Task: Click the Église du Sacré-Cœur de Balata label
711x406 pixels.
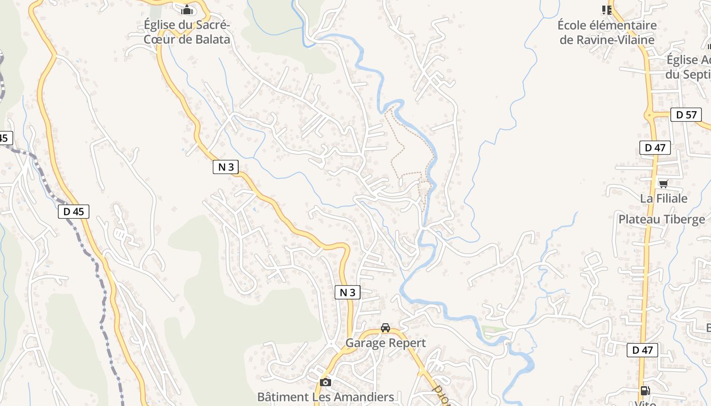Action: tap(187, 32)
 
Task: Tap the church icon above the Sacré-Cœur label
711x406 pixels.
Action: tap(187, 10)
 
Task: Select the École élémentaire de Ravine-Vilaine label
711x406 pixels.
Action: tap(607, 32)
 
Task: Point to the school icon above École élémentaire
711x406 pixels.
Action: tap(606, 10)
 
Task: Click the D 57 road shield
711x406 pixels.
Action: tap(686, 115)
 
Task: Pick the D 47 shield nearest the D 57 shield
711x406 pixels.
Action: tap(655, 148)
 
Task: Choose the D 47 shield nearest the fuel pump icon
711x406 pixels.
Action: tap(642, 350)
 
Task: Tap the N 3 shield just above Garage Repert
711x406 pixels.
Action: tap(347, 292)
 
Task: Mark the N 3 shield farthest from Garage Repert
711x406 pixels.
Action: tap(225, 167)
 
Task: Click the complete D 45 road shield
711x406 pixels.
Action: tap(74, 212)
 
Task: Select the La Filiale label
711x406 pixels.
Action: tap(663, 198)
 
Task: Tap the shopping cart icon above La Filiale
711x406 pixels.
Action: tap(663, 184)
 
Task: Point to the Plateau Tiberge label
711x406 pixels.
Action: tap(661, 219)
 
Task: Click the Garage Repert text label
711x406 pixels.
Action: tap(385, 343)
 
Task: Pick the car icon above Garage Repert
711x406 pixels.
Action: tap(385, 328)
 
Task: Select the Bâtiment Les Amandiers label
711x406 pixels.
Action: tap(326, 397)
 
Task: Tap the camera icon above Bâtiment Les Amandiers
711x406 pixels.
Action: tap(326, 382)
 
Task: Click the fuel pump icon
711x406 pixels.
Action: tap(645, 390)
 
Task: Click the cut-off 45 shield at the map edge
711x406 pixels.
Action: tap(5, 138)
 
